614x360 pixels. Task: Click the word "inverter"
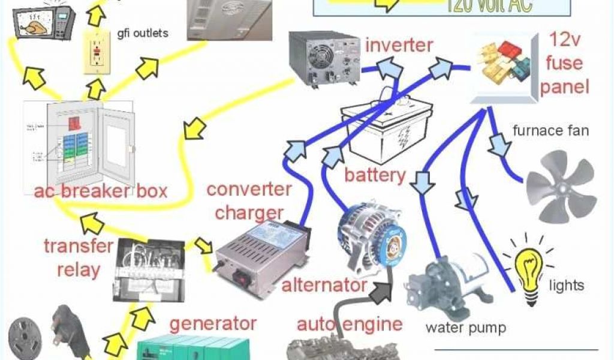point(399,45)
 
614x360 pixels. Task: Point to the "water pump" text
point(465,328)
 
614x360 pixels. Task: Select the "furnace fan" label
point(551,131)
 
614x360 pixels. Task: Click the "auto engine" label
point(350,324)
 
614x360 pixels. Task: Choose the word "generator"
point(213,323)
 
